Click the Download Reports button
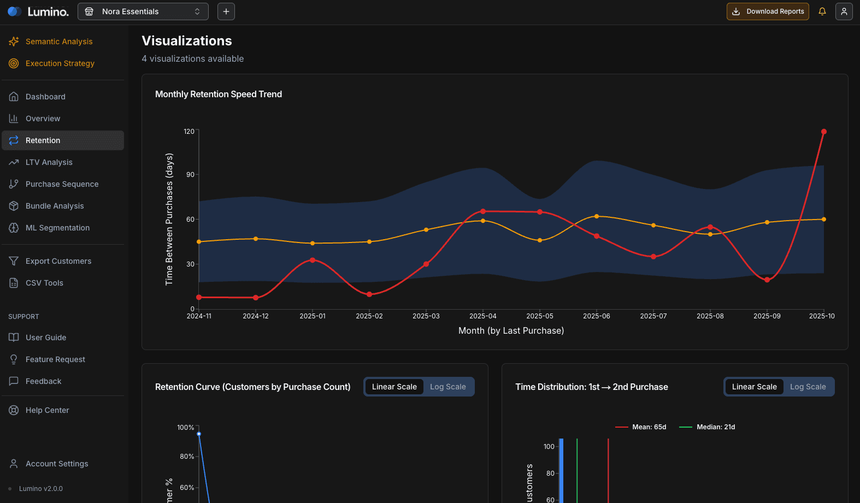pos(768,11)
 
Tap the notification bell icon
pos(822,11)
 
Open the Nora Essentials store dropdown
pos(143,11)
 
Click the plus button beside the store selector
pos(226,11)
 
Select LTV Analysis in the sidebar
pos(49,162)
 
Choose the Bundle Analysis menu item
pos(55,206)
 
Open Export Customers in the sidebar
pos(58,261)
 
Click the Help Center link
pos(47,410)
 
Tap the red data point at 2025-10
pos(823,132)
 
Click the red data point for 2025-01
pos(313,260)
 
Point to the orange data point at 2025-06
pos(597,216)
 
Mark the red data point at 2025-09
pos(767,280)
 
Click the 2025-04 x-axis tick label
pos(483,316)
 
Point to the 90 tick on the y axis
pos(190,175)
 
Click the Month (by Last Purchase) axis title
pos(511,330)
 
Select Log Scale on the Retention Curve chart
pos(447,387)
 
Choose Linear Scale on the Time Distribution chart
pos(754,387)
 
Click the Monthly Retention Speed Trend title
pos(219,94)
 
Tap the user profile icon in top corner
pos(844,11)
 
